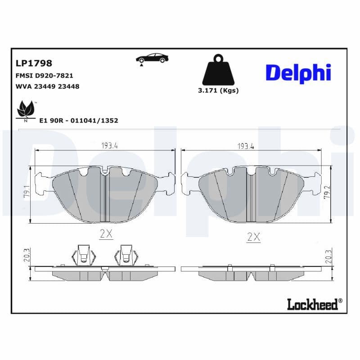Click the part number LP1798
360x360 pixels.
click(x=34, y=63)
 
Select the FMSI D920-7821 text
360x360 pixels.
click(x=44, y=76)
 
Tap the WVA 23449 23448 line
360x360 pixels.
click(x=47, y=86)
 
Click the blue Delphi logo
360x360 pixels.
click(x=298, y=73)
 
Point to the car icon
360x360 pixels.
click(x=152, y=58)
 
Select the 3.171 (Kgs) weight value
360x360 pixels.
click(x=218, y=90)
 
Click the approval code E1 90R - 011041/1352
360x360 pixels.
click(x=79, y=121)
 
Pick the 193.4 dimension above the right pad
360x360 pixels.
click(x=246, y=146)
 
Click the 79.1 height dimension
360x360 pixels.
click(x=27, y=194)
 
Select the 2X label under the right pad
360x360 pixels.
click(x=254, y=237)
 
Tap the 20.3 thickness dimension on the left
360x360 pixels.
click(x=27, y=256)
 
